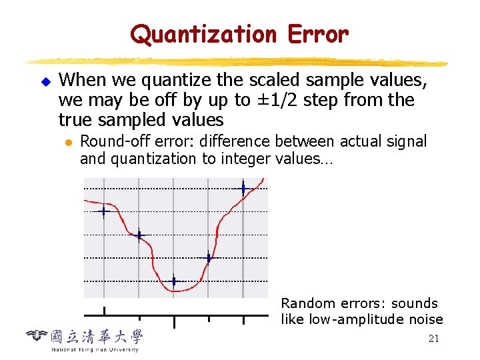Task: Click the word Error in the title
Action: [x=315, y=33]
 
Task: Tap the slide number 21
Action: [x=433, y=339]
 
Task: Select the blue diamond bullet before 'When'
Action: [x=45, y=81]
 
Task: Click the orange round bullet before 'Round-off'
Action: [x=68, y=142]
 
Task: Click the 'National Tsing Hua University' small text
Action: [x=95, y=349]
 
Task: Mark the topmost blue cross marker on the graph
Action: [x=243, y=189]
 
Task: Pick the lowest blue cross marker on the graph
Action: [x=174, y=281]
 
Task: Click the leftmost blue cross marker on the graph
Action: [x=104, y=211]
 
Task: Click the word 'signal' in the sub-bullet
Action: [x=407, y=141]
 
